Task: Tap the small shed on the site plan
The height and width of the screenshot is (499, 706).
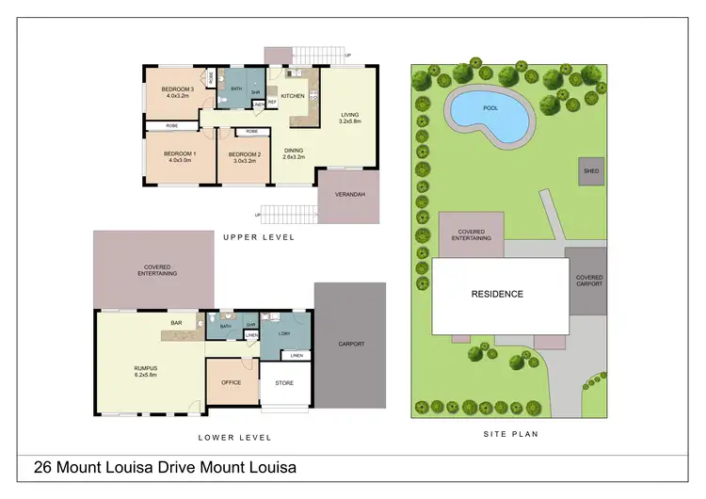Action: click(590, 171)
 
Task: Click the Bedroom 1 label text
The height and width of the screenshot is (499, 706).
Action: click(179, 153)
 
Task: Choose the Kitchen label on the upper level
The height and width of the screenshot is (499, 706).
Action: click(293, 96)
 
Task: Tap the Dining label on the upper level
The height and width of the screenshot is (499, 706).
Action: click(294, 149)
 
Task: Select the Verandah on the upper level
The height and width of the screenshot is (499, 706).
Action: click(349, 195)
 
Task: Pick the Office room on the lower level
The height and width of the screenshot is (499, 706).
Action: click(232, 382)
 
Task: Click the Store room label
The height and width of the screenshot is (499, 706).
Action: click(284, 383)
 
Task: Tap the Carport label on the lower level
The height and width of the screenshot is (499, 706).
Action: click(350, 344)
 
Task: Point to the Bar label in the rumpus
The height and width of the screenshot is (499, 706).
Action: click(176, 323)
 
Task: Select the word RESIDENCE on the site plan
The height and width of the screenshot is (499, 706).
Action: click(497, 294)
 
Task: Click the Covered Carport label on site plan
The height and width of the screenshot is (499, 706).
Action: click(590, 280)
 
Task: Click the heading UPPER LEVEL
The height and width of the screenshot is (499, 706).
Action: click(259, 237)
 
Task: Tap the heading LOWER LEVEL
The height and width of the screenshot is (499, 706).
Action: click(234, 437)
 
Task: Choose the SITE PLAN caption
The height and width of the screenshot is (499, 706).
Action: click(509, 434)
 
